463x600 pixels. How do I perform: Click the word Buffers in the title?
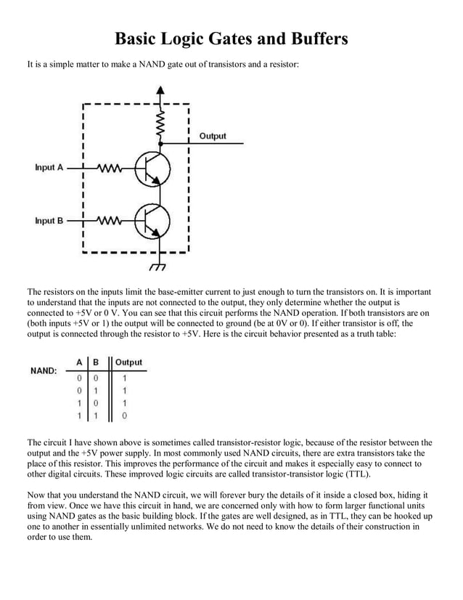click(311, 38)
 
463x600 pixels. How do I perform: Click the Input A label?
click(49, 168)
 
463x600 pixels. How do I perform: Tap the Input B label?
click(49, 221)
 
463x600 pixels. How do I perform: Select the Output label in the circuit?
click(212, 136)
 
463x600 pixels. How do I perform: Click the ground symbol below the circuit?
click(156, 267)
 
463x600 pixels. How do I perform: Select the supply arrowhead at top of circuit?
click(160, 90)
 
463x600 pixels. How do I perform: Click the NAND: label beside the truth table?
click(44, 370)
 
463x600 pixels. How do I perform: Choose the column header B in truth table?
click(95, 362)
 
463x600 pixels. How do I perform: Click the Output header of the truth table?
click(128, 362)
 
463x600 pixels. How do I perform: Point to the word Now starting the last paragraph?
click(36, 495)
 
